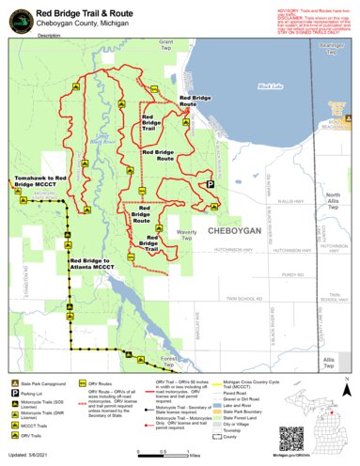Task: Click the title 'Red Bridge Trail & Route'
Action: point(97,11)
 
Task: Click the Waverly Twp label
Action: point(186,237)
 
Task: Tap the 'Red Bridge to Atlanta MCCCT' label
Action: point(97,263)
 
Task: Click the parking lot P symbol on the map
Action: point(211,185)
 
